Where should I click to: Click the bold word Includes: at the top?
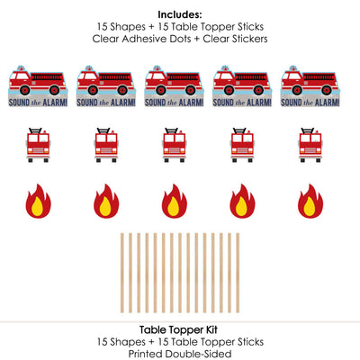pos(180,14)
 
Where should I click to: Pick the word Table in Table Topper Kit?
pos(152,329)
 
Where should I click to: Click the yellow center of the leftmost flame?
pos(38,206)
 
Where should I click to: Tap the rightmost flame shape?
pos(310,201)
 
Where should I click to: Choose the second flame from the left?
pos(106,201)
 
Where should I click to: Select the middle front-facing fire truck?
pos(175,145)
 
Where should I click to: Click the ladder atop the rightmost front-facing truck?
pos(308,131)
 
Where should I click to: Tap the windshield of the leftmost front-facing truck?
pos(38,139)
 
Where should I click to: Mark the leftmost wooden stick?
pos(122,273)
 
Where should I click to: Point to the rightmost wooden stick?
pos(238,273)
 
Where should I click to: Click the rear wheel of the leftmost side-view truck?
pos(54,90)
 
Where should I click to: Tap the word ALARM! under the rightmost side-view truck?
pos(327,103)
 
